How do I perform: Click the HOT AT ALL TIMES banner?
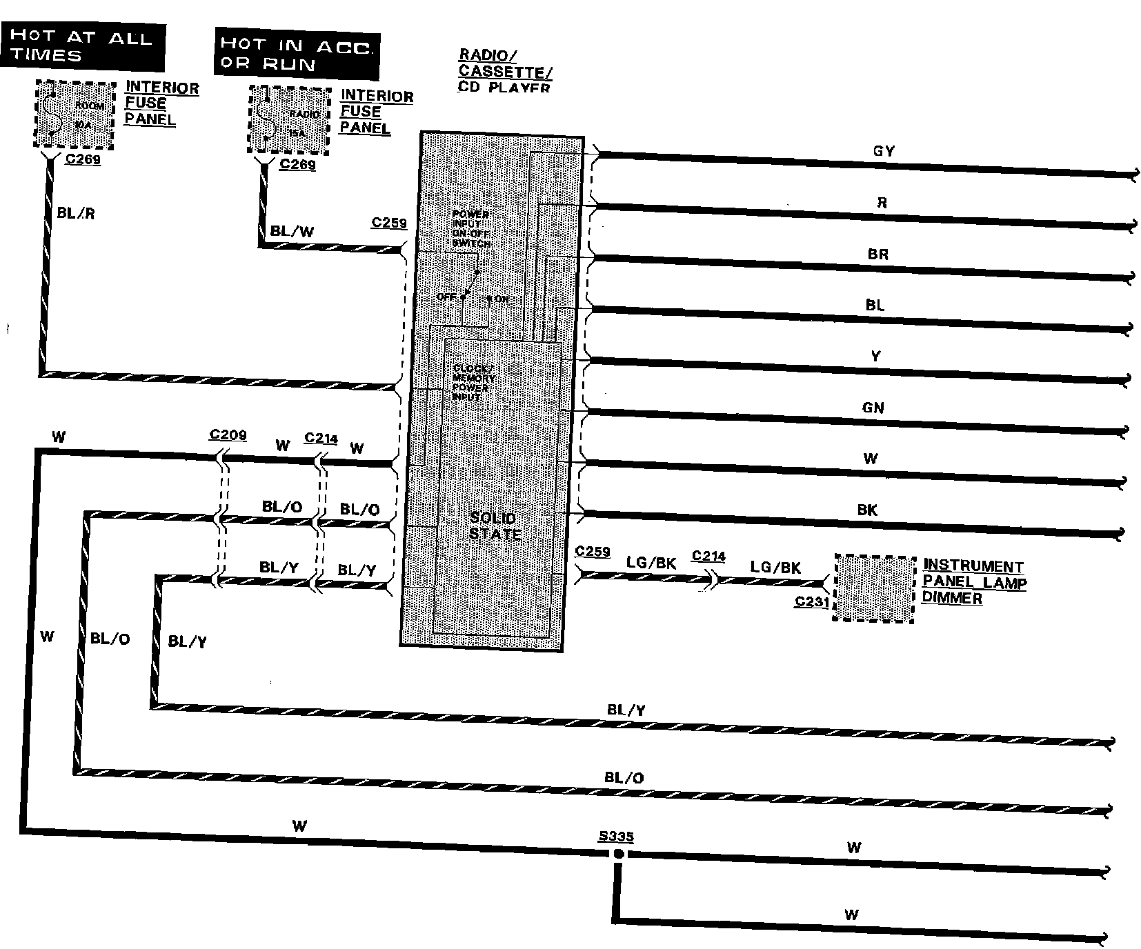(x=83, y=46)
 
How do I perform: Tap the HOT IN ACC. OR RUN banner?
(x=297, y=54)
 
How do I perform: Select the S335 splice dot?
(x=619, y=854)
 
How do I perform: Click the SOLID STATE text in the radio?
(x=494, y=526)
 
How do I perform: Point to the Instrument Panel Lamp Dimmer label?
(x=973, y=582)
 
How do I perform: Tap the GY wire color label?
(x=884, y=151)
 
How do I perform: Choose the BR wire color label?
(x=878, y=254)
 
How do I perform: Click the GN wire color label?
(x=873, y=408)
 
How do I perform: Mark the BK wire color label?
(x=867, y=510)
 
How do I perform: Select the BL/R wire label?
(x=76, y=213)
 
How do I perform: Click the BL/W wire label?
(x=292, y=231)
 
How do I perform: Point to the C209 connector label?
(x=228, y=434)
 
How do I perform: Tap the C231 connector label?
(x=811, y=601)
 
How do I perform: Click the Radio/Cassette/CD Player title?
(x=505, y=71)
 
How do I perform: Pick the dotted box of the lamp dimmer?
(x=874, y=588)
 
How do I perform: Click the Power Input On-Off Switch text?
(x=471, y=229)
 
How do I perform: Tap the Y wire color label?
(x=875, y=357)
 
